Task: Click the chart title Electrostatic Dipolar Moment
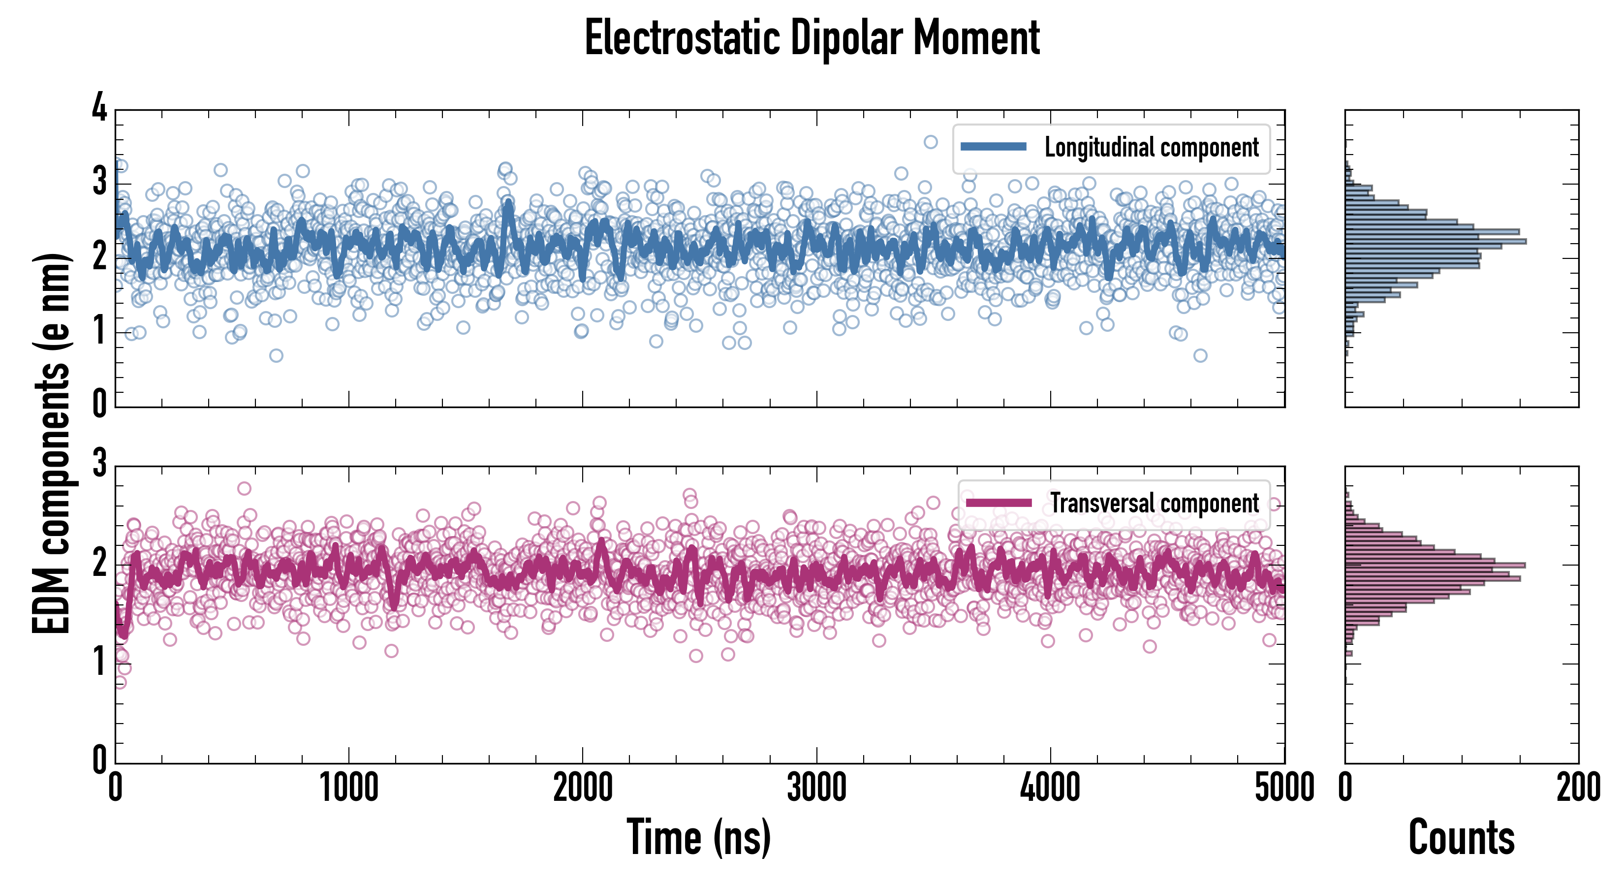pos(812,38)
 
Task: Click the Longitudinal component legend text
pos(1151,148)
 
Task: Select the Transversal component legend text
pos(1155,503)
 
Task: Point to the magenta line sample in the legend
pos(999,503)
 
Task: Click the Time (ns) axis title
pos(698,837)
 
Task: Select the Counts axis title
pos(1461,837)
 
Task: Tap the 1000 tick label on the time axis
pos(348,788)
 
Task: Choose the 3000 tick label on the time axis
pos(816,788)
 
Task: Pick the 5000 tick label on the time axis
pos(1284,788)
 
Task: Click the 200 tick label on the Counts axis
pos(1578,788)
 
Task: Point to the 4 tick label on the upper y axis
pos(99,108)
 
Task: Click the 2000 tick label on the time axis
pos(583,788)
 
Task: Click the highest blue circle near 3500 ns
pos(931,142)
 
